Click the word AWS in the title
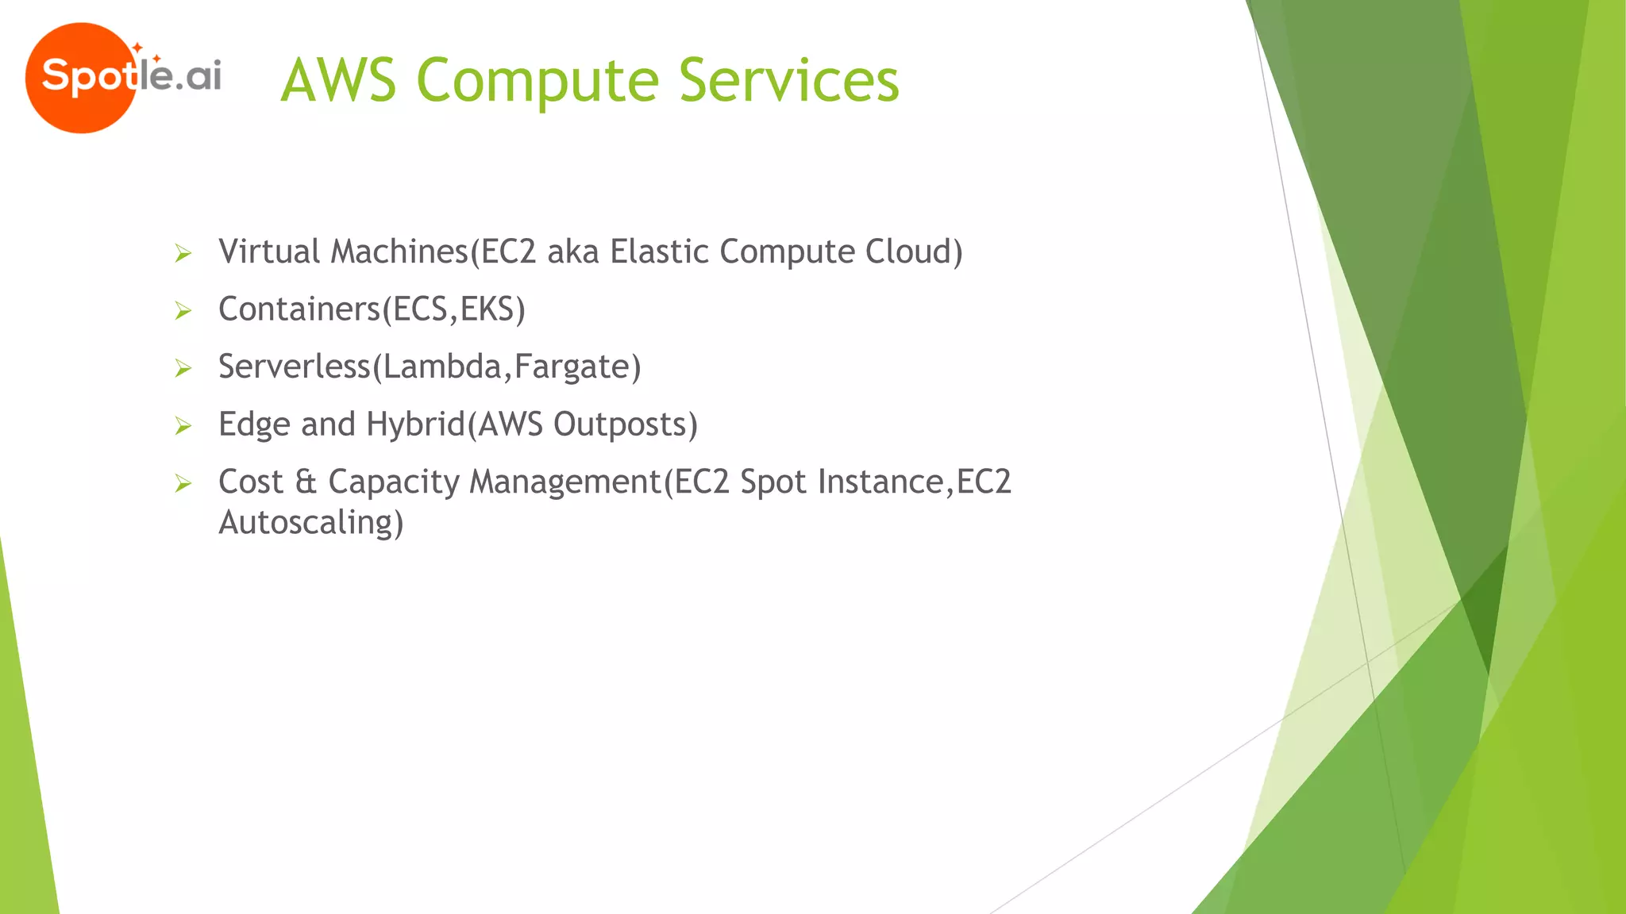[x=338, y=81]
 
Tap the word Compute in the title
[x=537, y=81]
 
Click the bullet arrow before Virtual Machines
[x=183, y=254]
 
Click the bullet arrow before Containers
[x=183, y=311]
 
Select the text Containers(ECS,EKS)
[x=372, y=309]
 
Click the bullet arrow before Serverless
[x=183, y=368]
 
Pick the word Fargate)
[x=577, y=367]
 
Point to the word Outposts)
[x=625, y=424]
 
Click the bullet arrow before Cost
[x=183, y=483]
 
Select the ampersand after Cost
[x=306, y=482]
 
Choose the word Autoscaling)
[x=310, y=523]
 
